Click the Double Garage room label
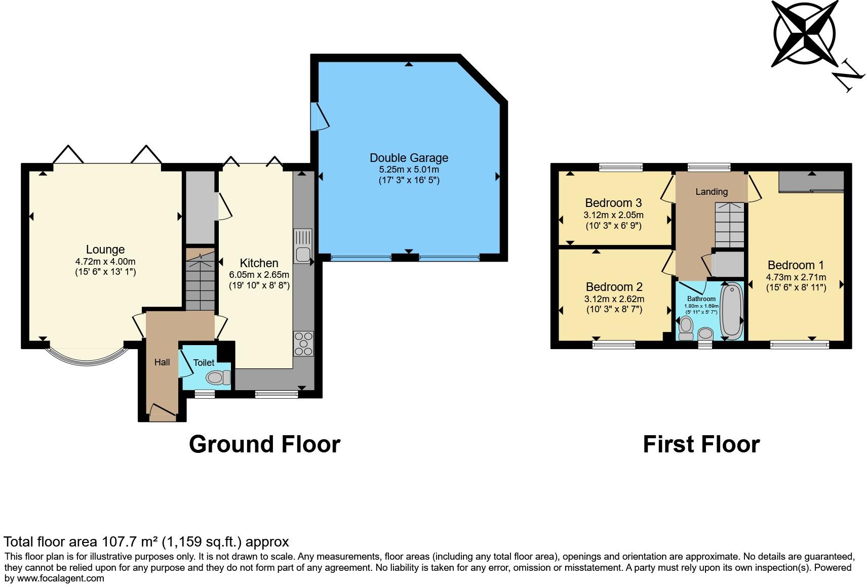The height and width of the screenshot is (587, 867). coord(409,158)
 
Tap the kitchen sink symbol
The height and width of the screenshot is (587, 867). coord(303,245)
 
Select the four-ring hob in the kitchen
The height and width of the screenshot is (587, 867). coord(303,344)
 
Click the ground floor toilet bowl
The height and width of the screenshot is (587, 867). coord(218,378)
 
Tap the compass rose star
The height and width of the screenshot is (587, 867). coord(805,33)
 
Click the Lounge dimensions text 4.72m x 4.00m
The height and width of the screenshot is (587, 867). coord(105,262)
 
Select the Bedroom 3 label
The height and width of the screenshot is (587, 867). coord(613,203)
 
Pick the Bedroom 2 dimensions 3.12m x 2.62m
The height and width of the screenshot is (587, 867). coord(614,299)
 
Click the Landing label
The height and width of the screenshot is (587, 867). coord(712,192)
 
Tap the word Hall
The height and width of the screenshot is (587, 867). coord(162,362)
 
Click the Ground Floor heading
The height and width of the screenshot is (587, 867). coord(264,444)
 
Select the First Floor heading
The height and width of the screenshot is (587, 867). coord(701,444)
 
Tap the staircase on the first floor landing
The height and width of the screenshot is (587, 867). coord(730,225)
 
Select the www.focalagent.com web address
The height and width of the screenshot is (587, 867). coord(61,578)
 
